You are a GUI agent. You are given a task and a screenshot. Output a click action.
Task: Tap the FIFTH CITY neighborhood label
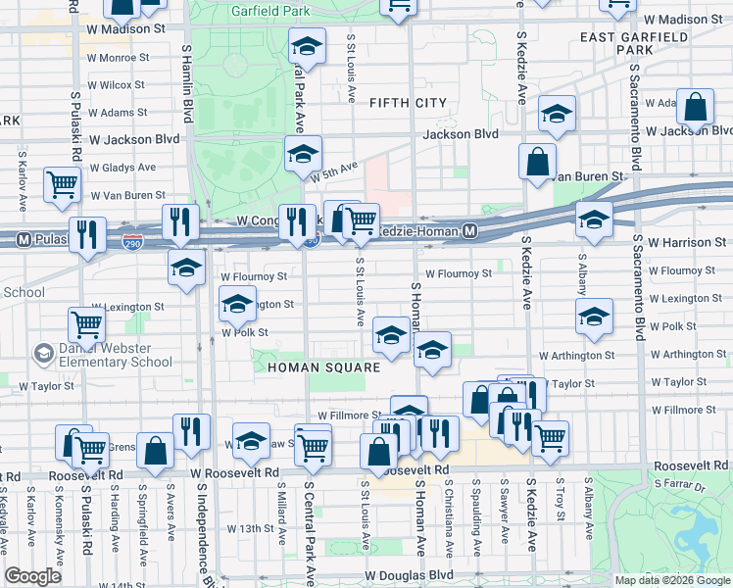pos(408,103)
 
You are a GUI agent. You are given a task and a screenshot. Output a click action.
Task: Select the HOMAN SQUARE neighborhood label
pos(323,367)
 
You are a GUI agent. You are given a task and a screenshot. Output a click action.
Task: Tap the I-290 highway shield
pos(133,240)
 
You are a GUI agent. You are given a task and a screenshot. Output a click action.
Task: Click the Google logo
pos(32,576)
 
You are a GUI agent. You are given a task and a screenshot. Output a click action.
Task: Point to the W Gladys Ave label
pos(122,168)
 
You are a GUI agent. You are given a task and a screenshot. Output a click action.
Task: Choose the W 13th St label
pos(250,528)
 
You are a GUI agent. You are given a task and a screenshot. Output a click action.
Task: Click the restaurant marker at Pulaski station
pos(89,235)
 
